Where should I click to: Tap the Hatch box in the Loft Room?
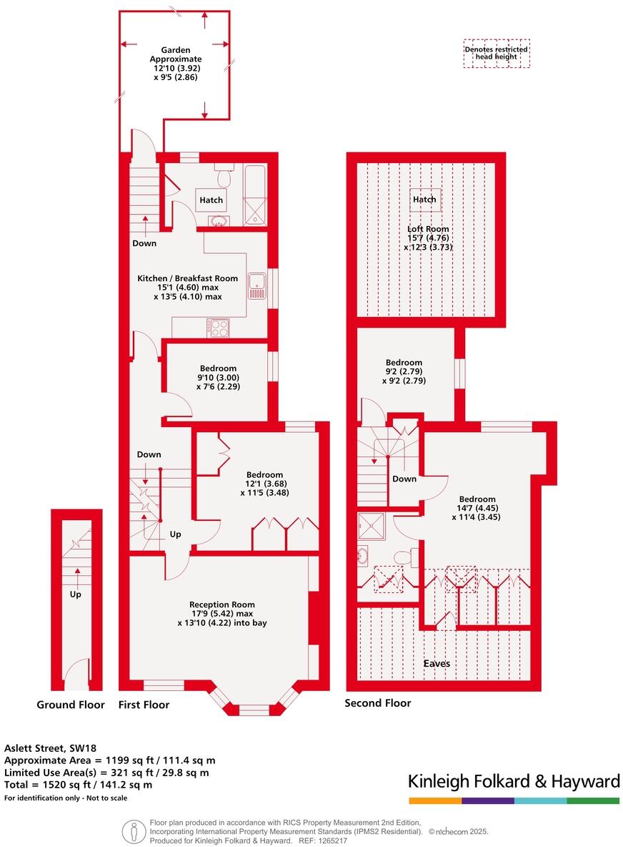point(424,200)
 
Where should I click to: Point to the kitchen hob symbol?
point(219,328)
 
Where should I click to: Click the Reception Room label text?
point(222,613)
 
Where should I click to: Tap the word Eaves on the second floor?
point(437,663)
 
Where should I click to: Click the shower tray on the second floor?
point(372,526)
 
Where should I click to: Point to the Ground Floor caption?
point(71,705)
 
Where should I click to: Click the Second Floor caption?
point(378,703)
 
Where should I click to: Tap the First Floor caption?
point(144,705)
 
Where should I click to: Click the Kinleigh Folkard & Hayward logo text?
point(514,782)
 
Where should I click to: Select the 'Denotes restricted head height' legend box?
point(496,54)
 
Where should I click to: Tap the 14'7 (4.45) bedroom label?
point(477,509)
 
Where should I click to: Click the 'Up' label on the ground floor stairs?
point(76,594)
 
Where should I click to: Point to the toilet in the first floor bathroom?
point(224,176)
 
